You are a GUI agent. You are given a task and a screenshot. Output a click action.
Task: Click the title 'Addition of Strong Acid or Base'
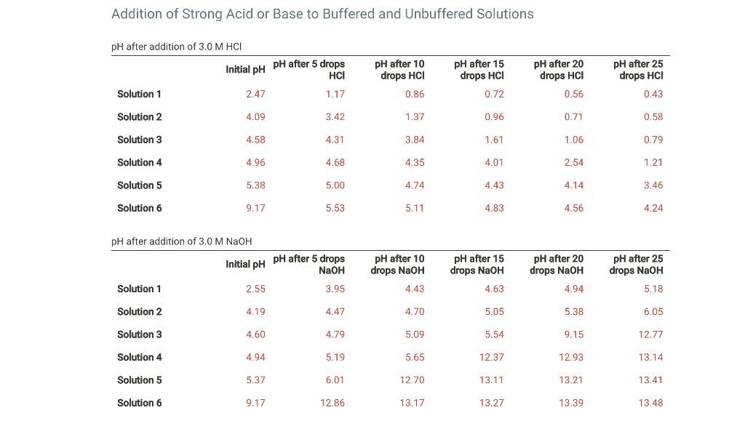coord(322,14)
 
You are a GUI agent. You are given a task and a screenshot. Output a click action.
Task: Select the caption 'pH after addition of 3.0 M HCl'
coord(176,47)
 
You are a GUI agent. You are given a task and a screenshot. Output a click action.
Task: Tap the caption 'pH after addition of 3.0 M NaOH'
coord(181,241)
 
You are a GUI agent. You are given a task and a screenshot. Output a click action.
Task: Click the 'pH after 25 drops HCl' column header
coord(638,70)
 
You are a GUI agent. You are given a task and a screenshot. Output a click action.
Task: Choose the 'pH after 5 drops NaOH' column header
coord(309,265)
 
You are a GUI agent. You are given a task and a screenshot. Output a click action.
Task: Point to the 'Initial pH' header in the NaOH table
coord(245,264)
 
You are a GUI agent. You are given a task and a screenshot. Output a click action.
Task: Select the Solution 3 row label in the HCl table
coord(140,140)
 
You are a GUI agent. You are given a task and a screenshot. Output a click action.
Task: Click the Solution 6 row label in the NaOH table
coord(140,403)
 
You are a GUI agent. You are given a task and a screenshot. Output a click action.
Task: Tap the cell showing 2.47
coord(255,94)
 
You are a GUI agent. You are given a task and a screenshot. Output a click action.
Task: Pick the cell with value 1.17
coord(335,94)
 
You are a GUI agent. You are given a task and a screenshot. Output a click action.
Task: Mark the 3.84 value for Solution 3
coord(415,140)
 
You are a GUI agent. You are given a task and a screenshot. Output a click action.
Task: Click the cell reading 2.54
coord(574,162)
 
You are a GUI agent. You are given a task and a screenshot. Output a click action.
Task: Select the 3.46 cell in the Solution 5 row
coord(653,185)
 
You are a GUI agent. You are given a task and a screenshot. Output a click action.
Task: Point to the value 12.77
coord(651,334)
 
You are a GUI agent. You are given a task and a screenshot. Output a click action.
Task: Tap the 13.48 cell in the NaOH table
coord(651,403)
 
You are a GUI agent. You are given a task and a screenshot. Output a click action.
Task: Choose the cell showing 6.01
coord(335,380)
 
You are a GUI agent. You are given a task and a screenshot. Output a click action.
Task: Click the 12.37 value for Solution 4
coord(492,357)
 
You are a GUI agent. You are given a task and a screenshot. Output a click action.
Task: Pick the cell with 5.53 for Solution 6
coord(335,208)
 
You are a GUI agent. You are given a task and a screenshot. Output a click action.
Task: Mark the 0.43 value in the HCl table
coord(653,94)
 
